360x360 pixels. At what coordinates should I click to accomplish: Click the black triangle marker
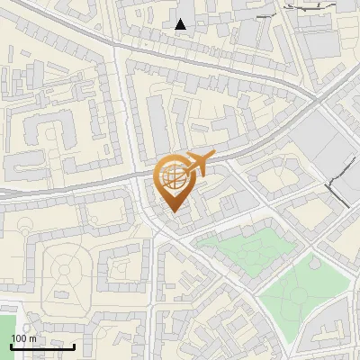[181, 24]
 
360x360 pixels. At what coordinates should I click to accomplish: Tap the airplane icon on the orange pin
[198, 162]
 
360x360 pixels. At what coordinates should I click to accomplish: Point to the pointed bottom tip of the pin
[173, 212]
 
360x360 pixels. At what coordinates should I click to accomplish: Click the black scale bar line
[42, 346]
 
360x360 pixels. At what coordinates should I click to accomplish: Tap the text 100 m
[23, 338]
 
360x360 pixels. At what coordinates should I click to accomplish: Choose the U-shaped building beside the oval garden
[117, 270]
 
